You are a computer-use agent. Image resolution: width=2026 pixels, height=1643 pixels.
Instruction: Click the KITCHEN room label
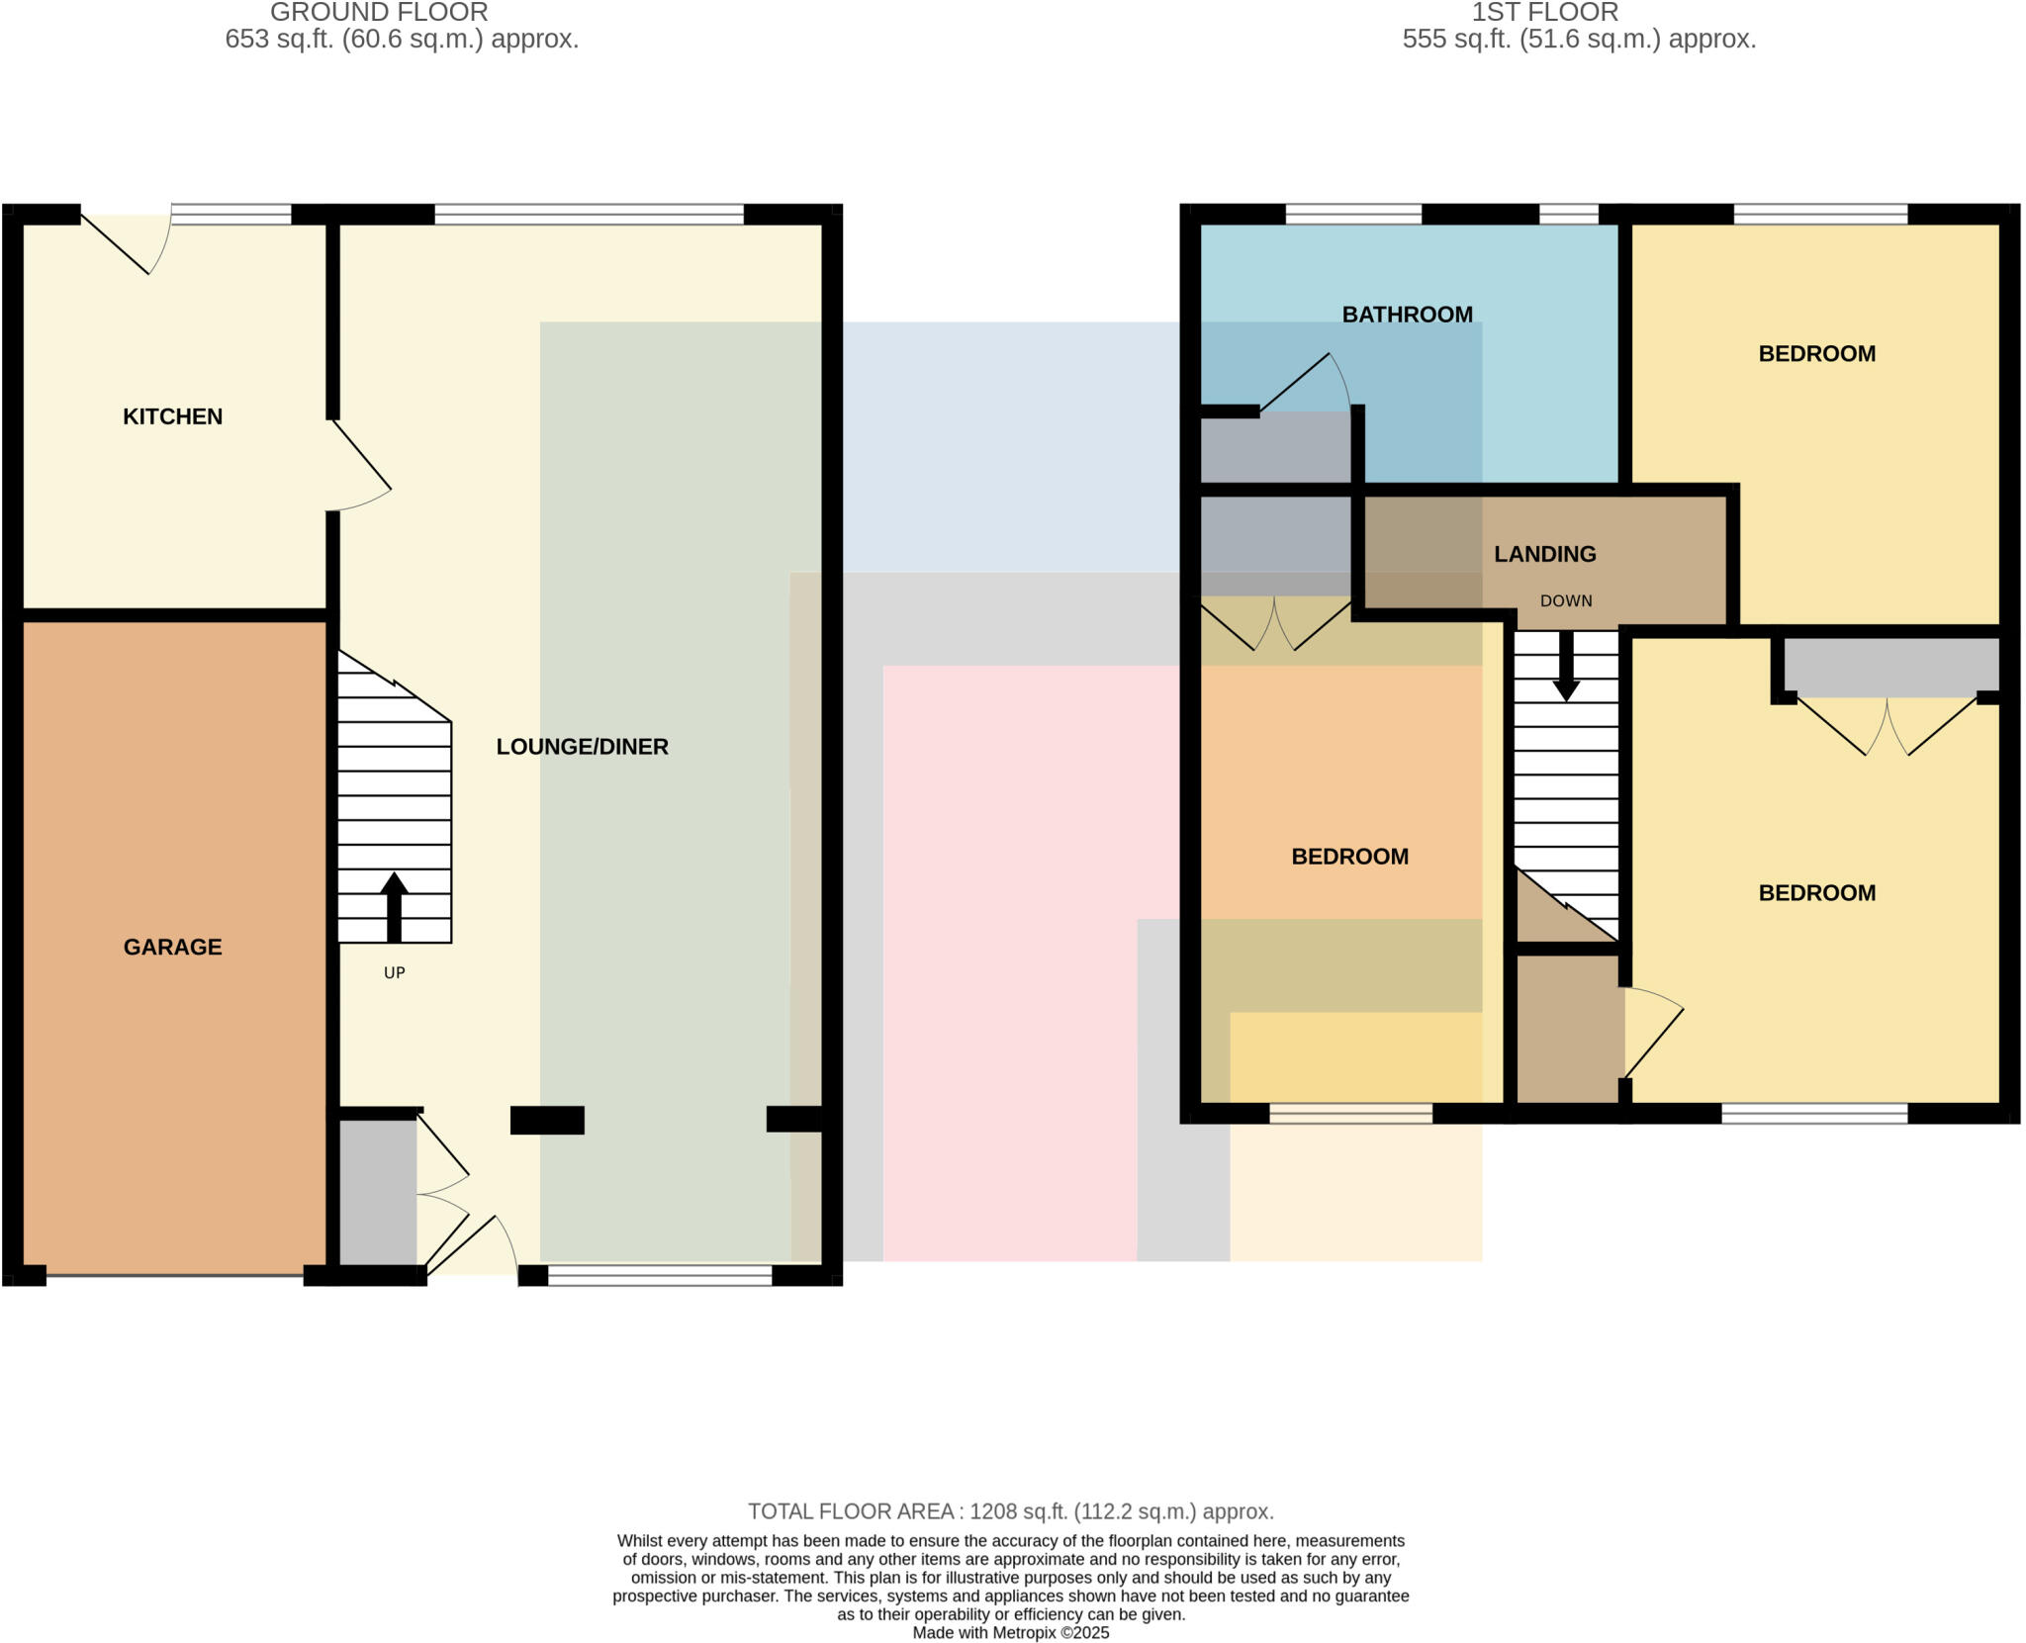coord(172,416)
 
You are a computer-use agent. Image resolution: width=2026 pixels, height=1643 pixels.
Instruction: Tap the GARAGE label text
coord(172,947)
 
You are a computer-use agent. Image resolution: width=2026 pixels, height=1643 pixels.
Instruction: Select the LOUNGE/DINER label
coord(582,747)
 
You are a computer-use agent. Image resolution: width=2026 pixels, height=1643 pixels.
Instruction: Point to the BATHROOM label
coord(1407,315)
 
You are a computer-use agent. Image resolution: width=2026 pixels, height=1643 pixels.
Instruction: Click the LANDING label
coord(1544,554)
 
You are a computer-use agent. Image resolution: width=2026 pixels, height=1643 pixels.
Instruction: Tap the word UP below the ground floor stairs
coord(394,972)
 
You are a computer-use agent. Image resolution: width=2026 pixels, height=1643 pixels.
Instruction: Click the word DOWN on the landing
coord(1565,600)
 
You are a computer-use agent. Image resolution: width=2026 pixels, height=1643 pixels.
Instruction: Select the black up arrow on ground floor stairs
coord(394,905)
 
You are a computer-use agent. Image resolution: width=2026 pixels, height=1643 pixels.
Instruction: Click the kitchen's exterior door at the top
coord(124,242)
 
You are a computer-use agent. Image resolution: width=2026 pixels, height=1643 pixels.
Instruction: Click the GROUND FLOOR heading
coord(379,13)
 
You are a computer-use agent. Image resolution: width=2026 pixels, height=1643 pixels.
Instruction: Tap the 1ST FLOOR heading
coord(1544,13)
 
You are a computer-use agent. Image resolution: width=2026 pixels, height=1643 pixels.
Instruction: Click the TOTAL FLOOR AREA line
coord(1010,1511)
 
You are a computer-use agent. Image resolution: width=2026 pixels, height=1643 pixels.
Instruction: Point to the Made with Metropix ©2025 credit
coord(1010,1632)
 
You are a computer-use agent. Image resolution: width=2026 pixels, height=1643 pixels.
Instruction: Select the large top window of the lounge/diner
coord(589,214)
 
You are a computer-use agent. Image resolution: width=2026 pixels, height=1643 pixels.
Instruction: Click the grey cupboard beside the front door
coord(377,1192)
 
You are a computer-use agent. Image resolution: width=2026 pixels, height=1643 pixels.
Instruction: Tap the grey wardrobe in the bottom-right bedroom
coord(1890,666)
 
